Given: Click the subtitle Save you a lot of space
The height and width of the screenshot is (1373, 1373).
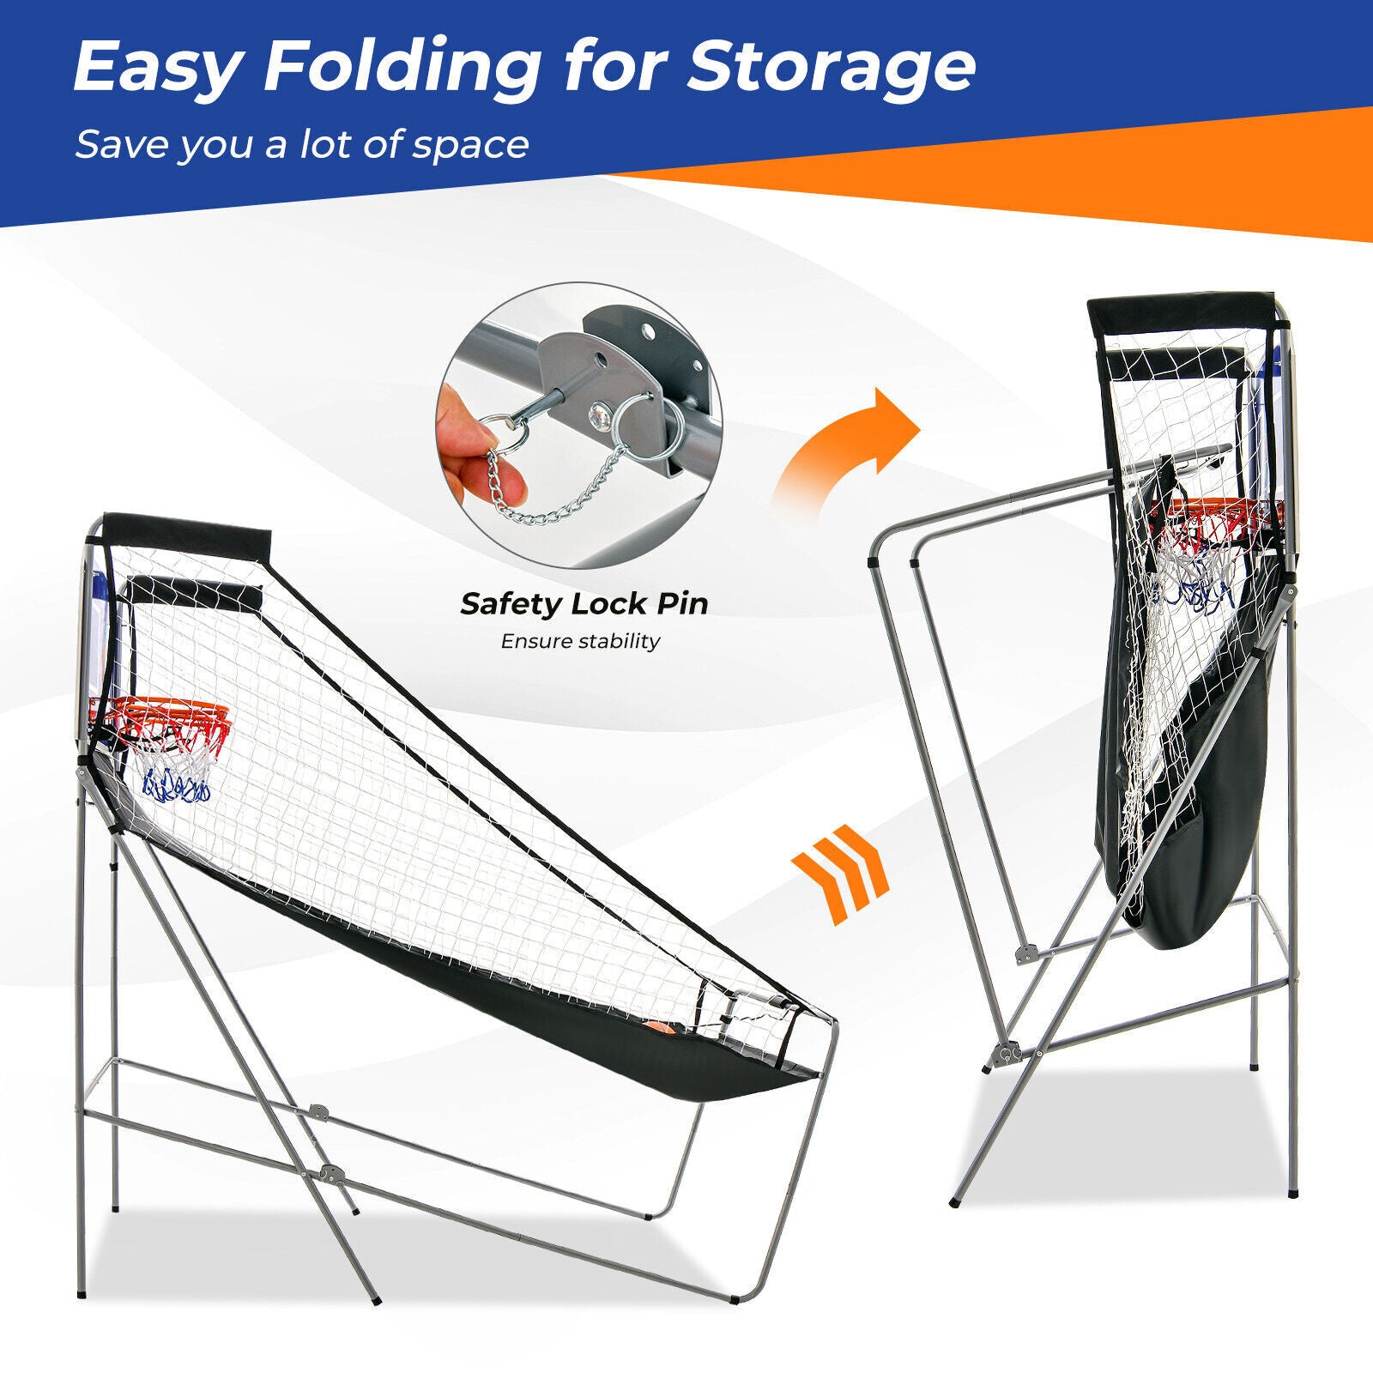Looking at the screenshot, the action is pos(301,144).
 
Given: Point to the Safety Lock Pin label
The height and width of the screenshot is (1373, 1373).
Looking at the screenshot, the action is pos(584,604).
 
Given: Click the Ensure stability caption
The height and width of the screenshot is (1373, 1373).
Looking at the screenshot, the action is pos(581,641).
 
